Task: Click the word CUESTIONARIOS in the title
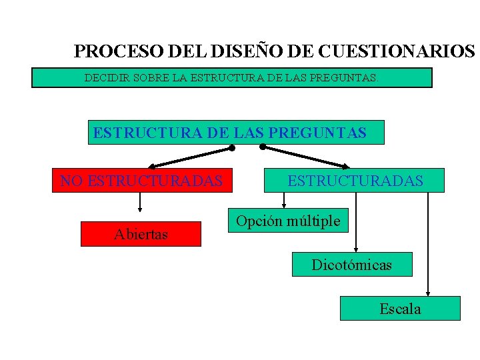[397, 51]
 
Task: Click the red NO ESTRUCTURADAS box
[142, 180]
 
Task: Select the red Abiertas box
[141, 234]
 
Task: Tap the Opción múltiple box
[288, 221]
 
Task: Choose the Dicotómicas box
[352, 265]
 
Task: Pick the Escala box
[400, 309]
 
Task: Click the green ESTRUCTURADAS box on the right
[355, 180]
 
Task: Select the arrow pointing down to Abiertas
[140, 203]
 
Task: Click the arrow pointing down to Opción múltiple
[284, 200]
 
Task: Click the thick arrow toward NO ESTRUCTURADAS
[190, 157]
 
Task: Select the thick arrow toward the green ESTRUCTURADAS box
[306, 156]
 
